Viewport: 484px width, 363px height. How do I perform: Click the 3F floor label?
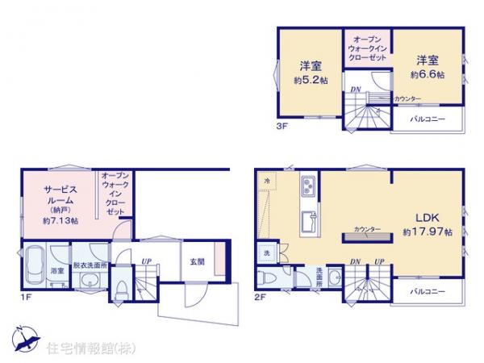[x=282, y=125]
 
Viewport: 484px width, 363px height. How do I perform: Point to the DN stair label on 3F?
[x=356, y=89]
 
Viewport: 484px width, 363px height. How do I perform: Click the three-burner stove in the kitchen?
[x=309, y=189]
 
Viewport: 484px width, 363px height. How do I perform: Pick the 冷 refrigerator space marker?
[x=268, y=182]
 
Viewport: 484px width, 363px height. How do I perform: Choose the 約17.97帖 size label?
[x=428, y=232]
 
